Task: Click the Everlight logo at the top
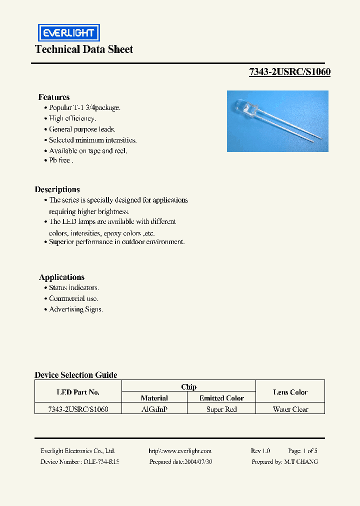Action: coord(69,33)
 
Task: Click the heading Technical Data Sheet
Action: coord(84,49)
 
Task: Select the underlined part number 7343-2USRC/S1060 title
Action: coord(289,72)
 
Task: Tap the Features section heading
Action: coord(54,97)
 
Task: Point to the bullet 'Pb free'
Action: coord(61,160)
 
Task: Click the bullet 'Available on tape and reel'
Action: coord(88,150)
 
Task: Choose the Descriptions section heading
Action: coord(57,189)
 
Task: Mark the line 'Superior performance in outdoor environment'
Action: coord(117,241)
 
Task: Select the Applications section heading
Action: coord(61,277)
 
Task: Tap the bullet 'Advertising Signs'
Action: coord(76,309)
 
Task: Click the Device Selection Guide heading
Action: coord(76,375)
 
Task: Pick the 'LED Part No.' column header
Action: coord(78,392)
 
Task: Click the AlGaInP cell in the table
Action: coord(154,409)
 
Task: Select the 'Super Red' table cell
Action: coord(221,409)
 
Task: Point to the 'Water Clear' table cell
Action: coord(290,409)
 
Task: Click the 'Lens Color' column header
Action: coord(290,392)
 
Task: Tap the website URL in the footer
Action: coord(180,451)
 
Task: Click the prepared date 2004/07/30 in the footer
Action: coord(181,462)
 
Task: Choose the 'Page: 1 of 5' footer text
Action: coord(302,451)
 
